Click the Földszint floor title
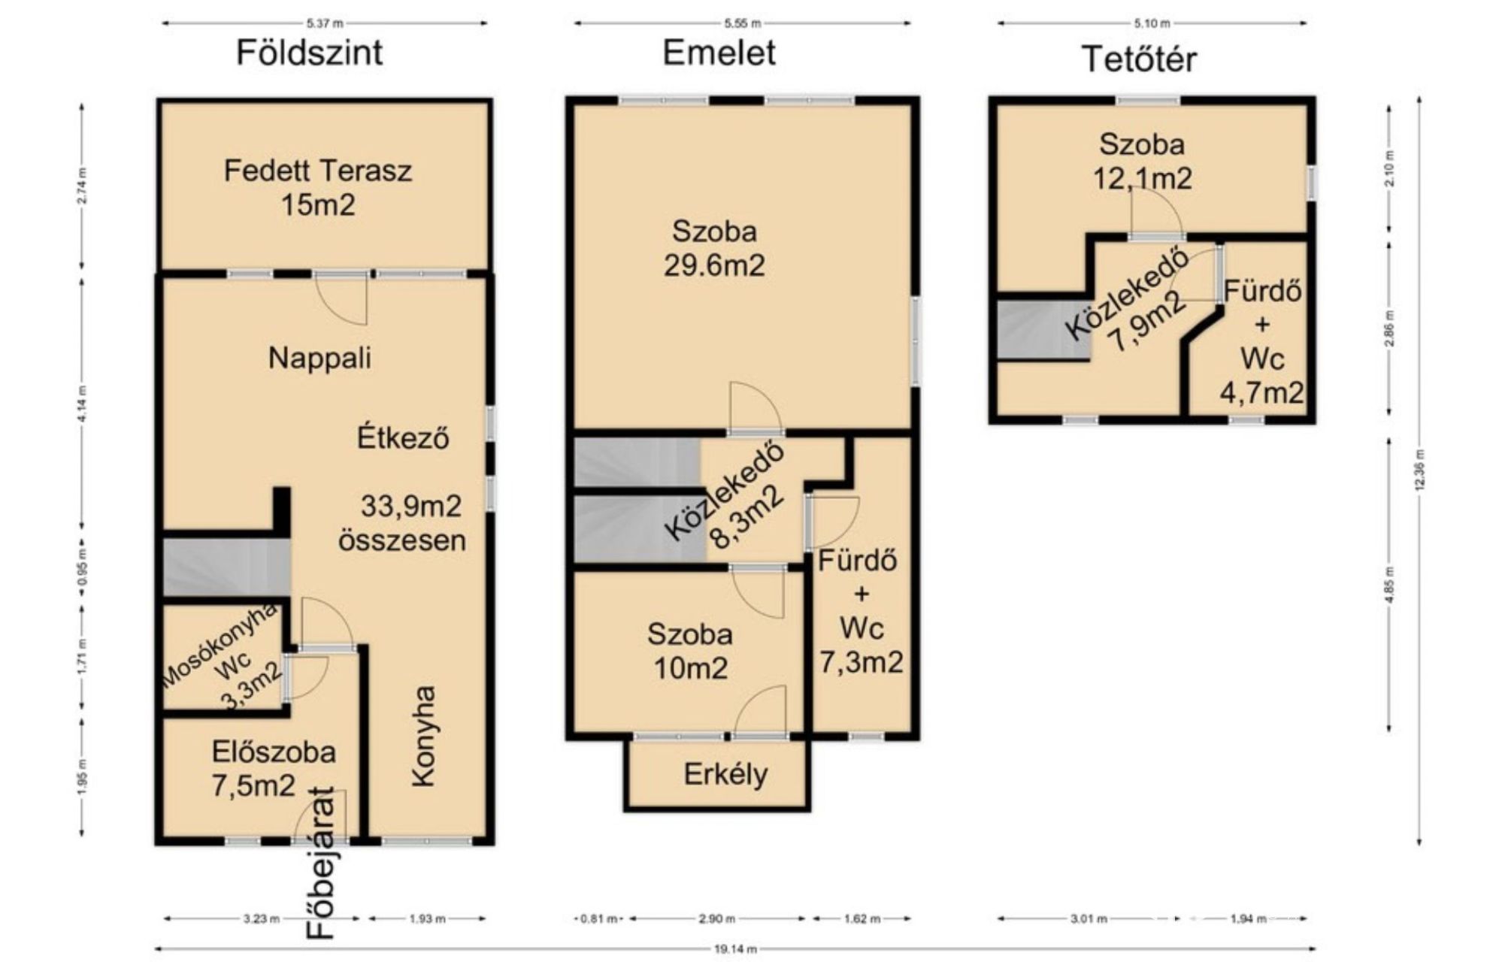(x=310, y=53)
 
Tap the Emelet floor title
(x=719, y=53)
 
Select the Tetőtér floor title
(x=1139, y=59)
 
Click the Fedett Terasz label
(x=318, y=171)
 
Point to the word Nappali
(x=319, y=358)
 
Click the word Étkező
(x=403, y=437)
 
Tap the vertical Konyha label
(x=424, y=736)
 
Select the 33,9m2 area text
(x=411, y=506)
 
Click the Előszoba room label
(x=274, y=752)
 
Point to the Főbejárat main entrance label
(x=321, y=861)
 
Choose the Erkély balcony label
(x=725, y=774)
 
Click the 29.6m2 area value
(x=714, y=265)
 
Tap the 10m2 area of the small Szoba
(x=691, y=668)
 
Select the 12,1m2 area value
(x=1142, y=178)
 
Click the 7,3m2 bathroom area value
(x=861, y=662)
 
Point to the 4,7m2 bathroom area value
(x=1262, y=392)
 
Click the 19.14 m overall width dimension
(x=735, y=949)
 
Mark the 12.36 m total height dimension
(x=1419, y=470)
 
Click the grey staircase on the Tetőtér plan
(x=1043, y=330)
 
